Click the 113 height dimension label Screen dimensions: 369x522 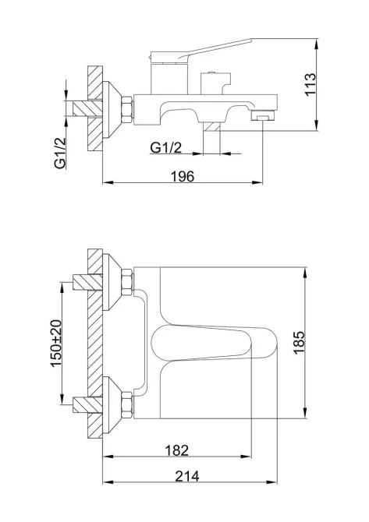pos(310,85)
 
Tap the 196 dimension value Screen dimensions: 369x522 pos(183,176)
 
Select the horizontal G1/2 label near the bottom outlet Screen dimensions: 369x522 pos(166,147)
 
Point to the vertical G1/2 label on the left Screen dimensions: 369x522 pos(60,153)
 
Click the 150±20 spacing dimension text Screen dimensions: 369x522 pos(56,344)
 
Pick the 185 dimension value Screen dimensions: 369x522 pos(300,343)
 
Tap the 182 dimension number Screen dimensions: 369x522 pos(177,450)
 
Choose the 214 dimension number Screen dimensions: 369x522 pos(187,476)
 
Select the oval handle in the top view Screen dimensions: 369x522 pos(214,343)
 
